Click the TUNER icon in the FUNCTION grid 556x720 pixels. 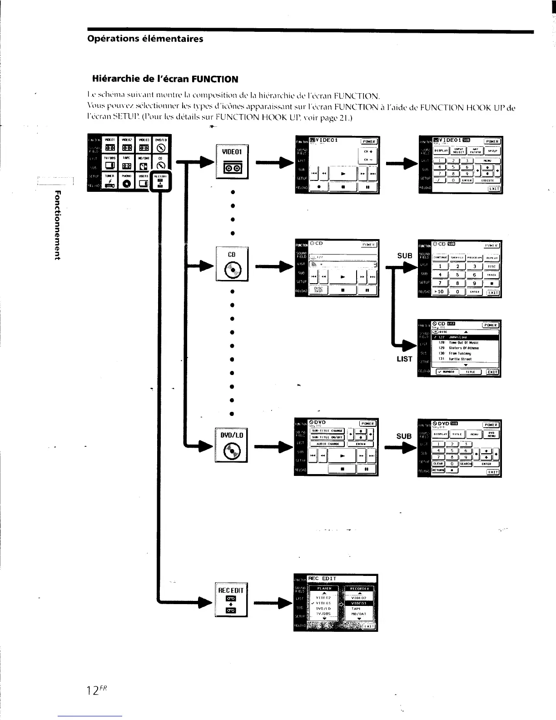[109, 181]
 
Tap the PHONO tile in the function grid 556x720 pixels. [126, 181]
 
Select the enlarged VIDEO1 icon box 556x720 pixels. [232, 161]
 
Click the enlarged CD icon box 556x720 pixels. [232, 264]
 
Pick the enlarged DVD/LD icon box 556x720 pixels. [232, 445]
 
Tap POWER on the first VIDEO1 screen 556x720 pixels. [369, 141]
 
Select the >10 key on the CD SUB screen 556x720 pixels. [440, 292]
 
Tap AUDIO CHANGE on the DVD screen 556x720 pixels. [327, 444]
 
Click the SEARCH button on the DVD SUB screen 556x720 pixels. [466, 464]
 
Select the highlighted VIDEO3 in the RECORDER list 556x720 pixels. [359, 603]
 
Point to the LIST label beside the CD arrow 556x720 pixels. [404, 359]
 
